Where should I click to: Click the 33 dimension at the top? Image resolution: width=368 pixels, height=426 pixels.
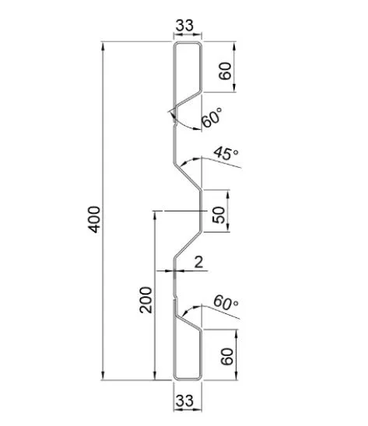coord(184,26)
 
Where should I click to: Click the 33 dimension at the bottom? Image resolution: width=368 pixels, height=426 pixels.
coord(184,400)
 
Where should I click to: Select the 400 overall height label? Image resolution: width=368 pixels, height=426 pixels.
coord(94,219)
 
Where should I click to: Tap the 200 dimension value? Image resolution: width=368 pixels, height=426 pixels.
coord(145,300)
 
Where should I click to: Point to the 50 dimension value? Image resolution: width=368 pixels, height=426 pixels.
coord(219,215)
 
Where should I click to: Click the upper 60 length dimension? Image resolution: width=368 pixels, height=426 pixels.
coord(225,71)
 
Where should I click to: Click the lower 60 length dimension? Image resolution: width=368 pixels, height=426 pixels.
coord(227,356)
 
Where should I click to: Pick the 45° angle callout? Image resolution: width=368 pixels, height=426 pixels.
coord(226,154)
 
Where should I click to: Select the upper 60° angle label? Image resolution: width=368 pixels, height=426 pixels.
coord(212,117)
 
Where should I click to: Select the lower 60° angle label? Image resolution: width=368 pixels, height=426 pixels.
coord(226,302)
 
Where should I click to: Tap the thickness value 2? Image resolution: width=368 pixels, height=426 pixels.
coord(199,263)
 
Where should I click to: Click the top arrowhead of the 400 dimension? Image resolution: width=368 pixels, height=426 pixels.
coord(103,46)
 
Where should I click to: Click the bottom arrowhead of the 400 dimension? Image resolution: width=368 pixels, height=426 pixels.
coord(103,375)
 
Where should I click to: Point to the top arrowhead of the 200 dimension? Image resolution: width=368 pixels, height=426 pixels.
coord(155,215)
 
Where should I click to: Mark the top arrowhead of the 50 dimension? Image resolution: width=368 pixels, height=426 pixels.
coord(228,195)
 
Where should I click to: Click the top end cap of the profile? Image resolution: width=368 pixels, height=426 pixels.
coord(188,43)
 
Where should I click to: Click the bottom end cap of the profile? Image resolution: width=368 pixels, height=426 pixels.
coord(188,379)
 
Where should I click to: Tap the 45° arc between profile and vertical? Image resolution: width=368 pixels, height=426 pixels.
coord(191,160)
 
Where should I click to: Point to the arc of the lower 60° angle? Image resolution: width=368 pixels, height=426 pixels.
coord(191,309)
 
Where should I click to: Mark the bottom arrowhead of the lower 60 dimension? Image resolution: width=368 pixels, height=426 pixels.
coord(236,375)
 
